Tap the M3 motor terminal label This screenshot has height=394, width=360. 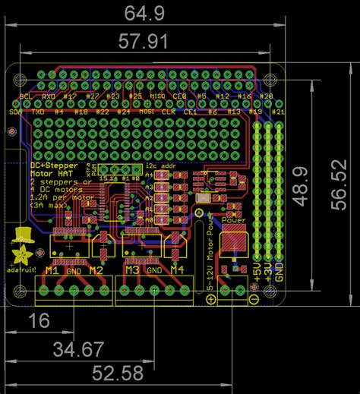coord(132,270)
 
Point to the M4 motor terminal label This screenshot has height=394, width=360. coord(176,270)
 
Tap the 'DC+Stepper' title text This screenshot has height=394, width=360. coord(52,164)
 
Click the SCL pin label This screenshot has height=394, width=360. coord(24,97)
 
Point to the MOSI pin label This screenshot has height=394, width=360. coord(147,112)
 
